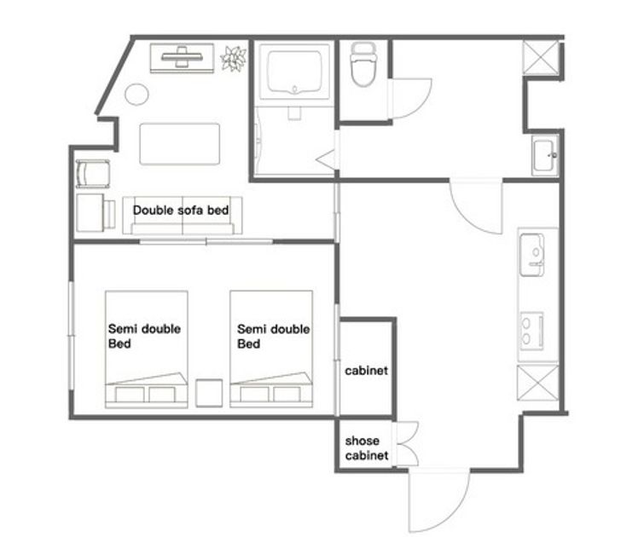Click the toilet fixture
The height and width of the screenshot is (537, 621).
click(x=363, y=64)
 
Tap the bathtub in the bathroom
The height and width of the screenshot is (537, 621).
click(x=294, y=72)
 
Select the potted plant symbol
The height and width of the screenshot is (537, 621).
click(x=234, y=59)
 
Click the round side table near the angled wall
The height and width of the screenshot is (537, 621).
click(x=136, y=95)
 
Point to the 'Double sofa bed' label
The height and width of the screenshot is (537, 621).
click(x=181, y=211)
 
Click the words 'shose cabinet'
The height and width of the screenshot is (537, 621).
click(x=366, y=448)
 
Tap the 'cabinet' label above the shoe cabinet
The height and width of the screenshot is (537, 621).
click(x=366, y=371)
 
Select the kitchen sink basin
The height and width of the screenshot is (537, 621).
click(x=532, y=255)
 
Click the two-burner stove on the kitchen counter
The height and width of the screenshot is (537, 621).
click(x=531, y=331)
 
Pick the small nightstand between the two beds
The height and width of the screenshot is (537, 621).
click(x=209, y=393)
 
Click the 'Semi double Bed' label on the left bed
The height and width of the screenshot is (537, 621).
click(x=144, y=336)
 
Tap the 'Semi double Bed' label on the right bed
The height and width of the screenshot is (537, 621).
click(x=273, y=337)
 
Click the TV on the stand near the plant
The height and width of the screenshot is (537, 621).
click(x=182, y=58)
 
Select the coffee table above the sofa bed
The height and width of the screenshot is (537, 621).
click(x=179, y=144)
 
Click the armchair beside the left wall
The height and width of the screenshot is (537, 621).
click(x=93, y=173)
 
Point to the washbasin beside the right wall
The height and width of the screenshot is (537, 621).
click(x=545, y=155)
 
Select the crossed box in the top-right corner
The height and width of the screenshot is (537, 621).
click(x=541, y=57)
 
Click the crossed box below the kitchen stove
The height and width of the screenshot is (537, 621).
click(x=537, y=383)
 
